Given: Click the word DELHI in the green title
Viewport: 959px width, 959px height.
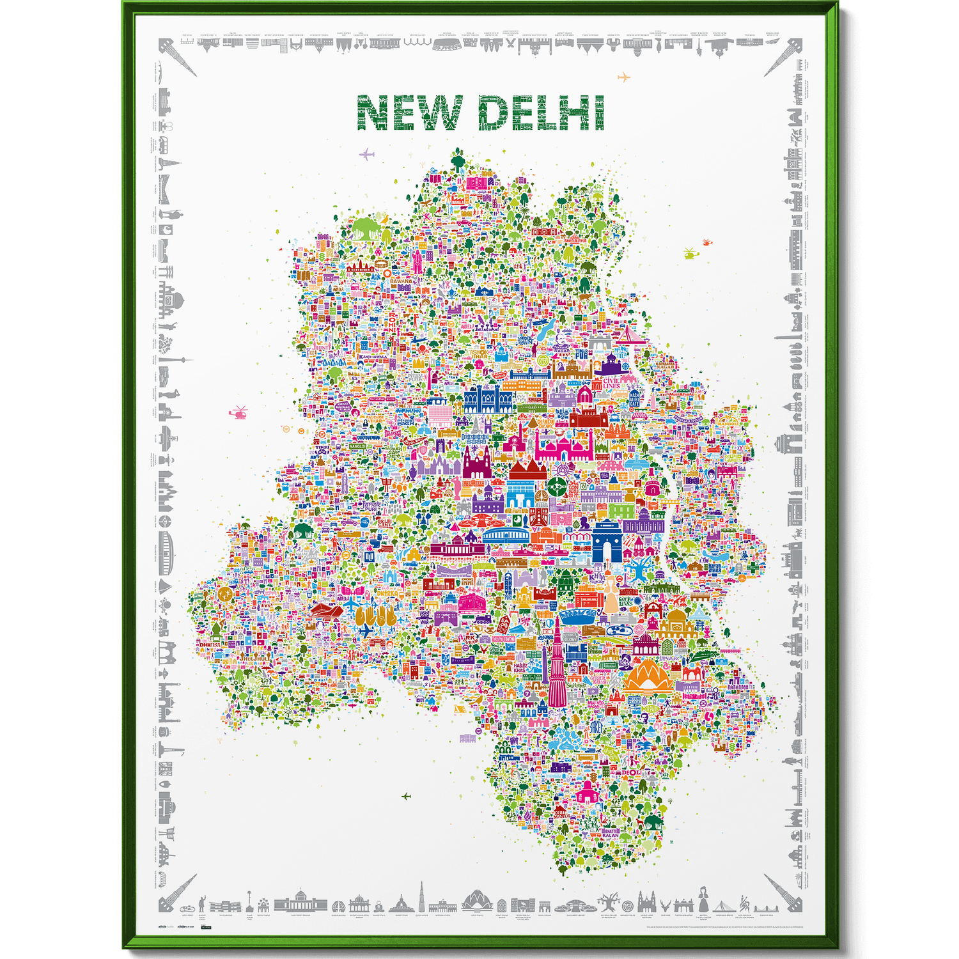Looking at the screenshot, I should point(541,114).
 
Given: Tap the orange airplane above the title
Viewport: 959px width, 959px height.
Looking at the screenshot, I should point(624,77).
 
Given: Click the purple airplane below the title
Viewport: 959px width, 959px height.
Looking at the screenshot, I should point(366,154).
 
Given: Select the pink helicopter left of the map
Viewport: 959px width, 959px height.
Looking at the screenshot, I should point(238,412).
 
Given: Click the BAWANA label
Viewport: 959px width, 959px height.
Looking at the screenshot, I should point(402,281).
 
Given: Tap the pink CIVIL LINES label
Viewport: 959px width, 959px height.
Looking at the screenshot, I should point(611,383).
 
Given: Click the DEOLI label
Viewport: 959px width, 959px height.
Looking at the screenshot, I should point(631,772).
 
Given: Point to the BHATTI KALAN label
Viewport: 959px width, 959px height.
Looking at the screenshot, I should point(611,832).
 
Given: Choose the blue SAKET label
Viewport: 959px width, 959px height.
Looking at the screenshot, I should point(596,726).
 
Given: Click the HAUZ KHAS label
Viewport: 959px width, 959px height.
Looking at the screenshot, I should point(520,668).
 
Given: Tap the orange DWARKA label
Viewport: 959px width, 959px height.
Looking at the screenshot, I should point(391,593).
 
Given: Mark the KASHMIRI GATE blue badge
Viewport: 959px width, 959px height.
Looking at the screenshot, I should point(634,400).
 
